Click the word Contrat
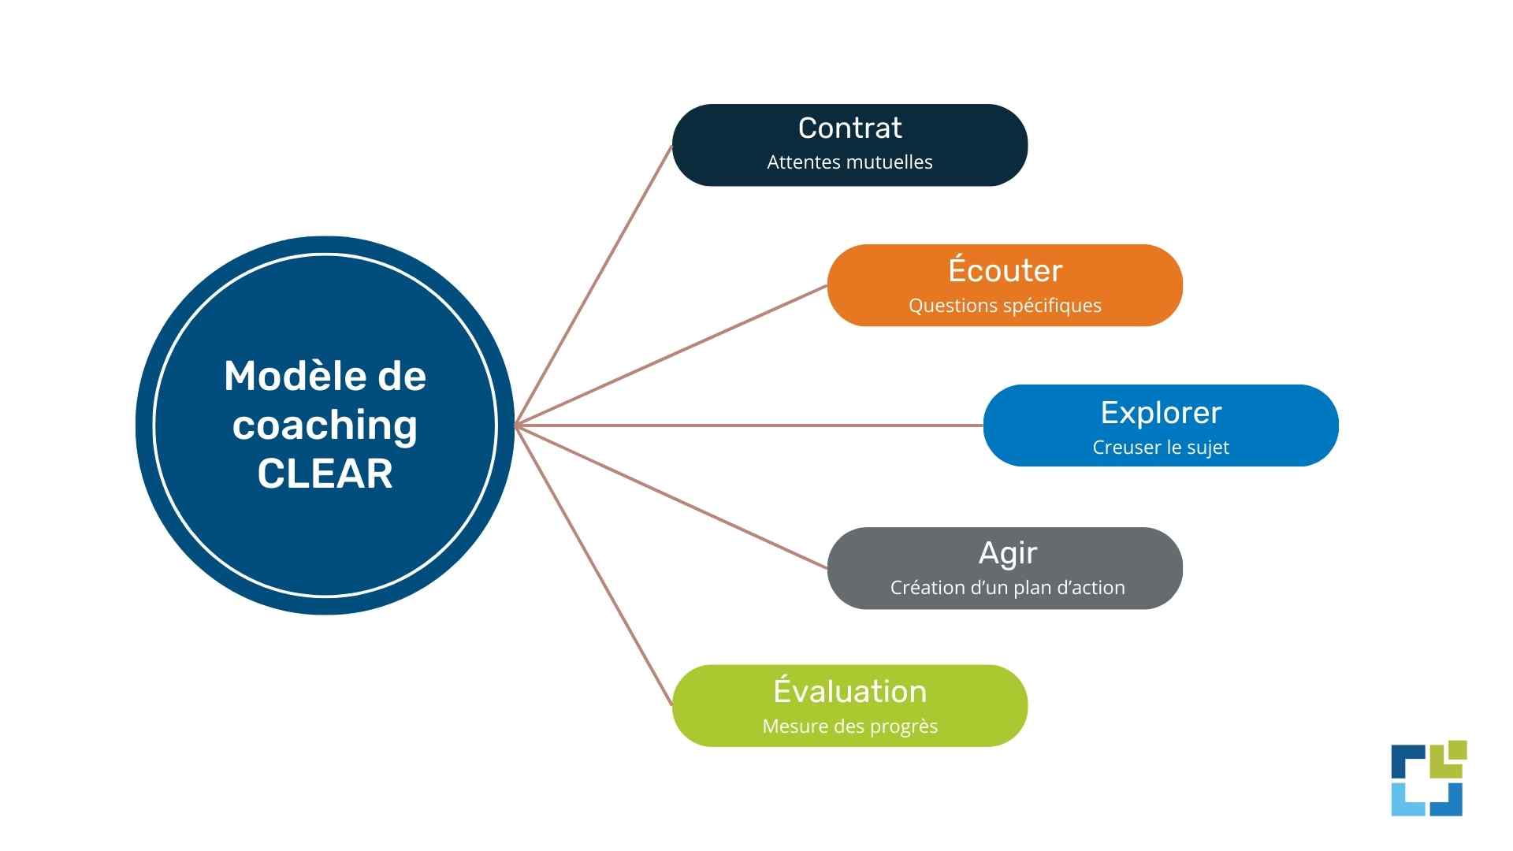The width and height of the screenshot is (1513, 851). click(x=849, y=128)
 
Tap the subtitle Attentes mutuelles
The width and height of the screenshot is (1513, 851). click(x=849, y=162)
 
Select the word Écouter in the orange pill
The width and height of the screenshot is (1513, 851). click(x=1005, y=270)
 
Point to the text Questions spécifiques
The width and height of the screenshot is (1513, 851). click(x=1005, y=306)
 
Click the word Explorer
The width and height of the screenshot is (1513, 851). click(x=1161, y=413)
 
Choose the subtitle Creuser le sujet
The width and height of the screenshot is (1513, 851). click(x=1161, y=448)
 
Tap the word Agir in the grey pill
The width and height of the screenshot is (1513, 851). click(x=1007, y=553)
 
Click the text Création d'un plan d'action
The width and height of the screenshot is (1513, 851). click(x=1007, y=588)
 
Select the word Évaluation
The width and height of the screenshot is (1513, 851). click(x=849, y=691)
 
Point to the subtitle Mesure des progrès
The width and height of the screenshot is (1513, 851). click(x=849, y=727)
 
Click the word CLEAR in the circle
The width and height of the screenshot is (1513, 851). click(x=325, y=474)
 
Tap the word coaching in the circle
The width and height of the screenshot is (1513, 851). click(x=325, y=425)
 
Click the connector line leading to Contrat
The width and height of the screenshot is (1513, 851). click(x=593, y=285)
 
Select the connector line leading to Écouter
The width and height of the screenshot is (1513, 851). click(x=671, y=355)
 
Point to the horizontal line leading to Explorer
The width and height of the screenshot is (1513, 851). click(x=749, y=425)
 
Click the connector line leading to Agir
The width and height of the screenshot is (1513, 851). click(x=671, y=496)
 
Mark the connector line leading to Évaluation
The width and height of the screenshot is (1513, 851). click(x=593, y=566)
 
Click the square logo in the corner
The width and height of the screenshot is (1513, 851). click(x=1428, y=779)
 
